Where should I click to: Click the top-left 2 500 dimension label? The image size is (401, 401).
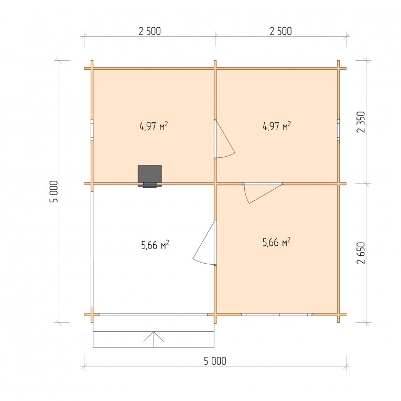click(x=149, y=31)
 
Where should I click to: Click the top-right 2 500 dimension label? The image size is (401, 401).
click(x=280, y=31)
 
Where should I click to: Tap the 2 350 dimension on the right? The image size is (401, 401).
click(x=361, y=122)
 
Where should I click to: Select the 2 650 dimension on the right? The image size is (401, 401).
click(x=361, y=253)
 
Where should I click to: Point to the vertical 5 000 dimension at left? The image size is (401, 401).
click(x=54, y=191)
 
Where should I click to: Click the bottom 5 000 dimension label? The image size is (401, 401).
click(x=215, y=361)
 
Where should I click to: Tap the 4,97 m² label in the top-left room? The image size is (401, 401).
click(x=154, y=126)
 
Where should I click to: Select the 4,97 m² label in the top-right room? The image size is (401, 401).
click(x=277, y=126)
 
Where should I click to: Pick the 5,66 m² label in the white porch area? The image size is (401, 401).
click(x=155, y=245)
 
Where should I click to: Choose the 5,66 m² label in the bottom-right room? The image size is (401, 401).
click(x=276, y=242)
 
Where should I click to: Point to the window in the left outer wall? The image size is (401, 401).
click(x=92, y=130)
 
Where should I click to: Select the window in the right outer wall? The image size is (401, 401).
click(x=338, y=130)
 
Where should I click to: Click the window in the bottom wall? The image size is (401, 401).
click(x=277, y=315)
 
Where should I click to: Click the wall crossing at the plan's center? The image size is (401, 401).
click(x=215, y=183)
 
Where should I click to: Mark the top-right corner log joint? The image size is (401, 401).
click(x=338, y=68)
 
